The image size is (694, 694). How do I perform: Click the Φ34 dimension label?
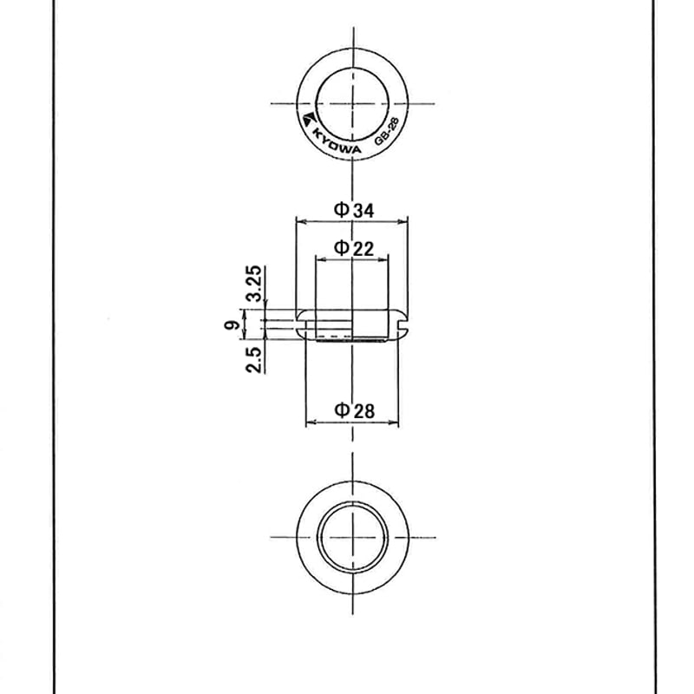pos(354,209)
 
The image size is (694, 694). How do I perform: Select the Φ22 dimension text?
pos(354,248)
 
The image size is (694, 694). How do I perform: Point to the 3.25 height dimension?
pos(254,284)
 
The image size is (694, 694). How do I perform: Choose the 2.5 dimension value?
pos(254,358)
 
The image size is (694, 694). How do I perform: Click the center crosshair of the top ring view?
pos(352,102)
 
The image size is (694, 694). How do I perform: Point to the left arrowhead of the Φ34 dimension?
pos(299,220)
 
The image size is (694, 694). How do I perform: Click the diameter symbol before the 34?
pos(341,209)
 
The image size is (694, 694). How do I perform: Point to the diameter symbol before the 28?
pos(341,410)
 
